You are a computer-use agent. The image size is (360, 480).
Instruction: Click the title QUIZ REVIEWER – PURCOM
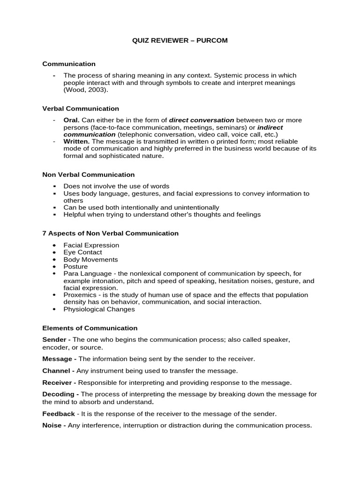pyautogui.click(x=180, y=40)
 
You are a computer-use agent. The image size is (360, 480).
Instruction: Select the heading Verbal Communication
pyautogui.click(x=81, y=108)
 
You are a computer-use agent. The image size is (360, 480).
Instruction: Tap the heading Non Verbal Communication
pyautogui.click(x=89, y=174)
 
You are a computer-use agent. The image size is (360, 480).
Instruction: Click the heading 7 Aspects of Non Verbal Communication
pyautogui.click(x=111, y=233)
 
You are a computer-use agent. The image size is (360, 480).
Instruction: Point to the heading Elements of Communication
pyautogui.click(x=90, y=328)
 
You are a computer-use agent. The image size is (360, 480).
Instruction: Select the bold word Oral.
pyautogui.click(x=71, y=120)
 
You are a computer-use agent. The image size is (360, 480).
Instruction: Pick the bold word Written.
pyautogui.click(x=76, y=142)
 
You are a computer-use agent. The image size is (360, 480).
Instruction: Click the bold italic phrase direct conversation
pyautogui.click(x=201, y=120)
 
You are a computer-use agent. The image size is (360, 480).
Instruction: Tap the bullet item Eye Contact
pyautogui.click(x=83, y=252)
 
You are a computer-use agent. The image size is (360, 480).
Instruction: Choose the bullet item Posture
pyautogui.click(x=75, y=266)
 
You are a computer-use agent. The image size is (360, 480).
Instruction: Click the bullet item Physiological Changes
pyautogui.click(x=99, y=309)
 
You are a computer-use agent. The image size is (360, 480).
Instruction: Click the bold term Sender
pyautogui.click(x=54, y=339)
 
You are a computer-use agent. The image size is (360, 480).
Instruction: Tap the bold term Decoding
pyautogui.click(x=58, y=394)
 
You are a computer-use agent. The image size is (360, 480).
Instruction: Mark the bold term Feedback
pyautogui.click(x=59, y=414)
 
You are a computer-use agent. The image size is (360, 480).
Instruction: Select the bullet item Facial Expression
pyautogui.click(x=91, y=245)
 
